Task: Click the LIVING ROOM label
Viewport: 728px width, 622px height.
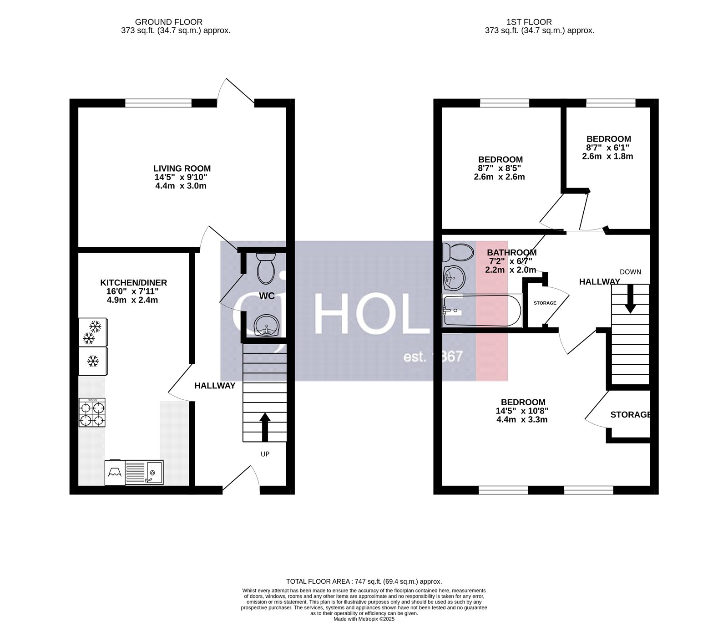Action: [x=182, y=168]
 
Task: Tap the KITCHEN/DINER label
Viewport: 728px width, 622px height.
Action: [x=133, y=283]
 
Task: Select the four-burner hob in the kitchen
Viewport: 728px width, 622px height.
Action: [x=92, y=413]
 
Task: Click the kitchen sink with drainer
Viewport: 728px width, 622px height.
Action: [x=144, y=472]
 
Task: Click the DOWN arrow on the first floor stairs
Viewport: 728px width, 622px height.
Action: [x=630, y=299]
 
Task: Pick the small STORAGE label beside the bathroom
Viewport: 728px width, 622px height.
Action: [x=545, y=303]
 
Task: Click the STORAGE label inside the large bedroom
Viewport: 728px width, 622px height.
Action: [x=631, y=415]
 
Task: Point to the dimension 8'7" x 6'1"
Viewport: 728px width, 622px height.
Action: [x=608, y=148]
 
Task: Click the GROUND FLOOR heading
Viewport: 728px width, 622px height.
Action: [x=169, y=22]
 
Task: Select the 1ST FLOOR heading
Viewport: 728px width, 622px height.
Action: [x=529, y=22]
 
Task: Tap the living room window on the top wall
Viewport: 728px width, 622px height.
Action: [x=158, y=103]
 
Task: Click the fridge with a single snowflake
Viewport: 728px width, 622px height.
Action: [x=93, y=362]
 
